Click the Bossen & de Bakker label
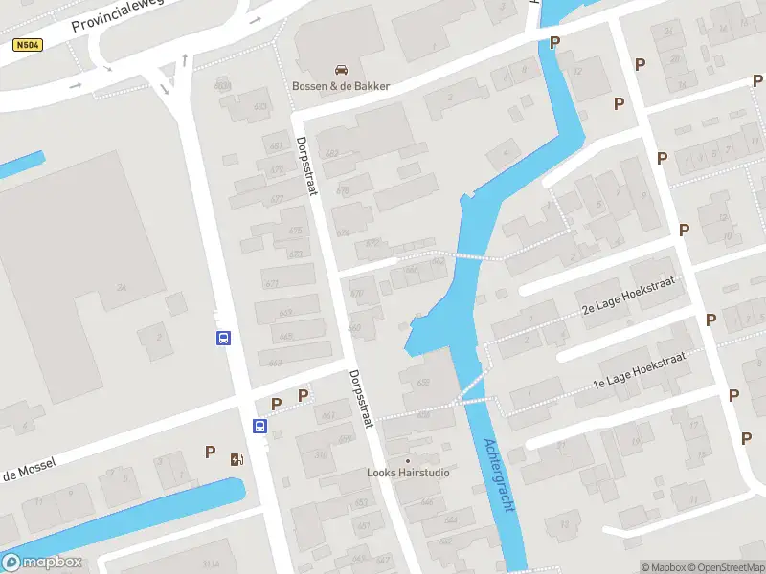click(341, 86)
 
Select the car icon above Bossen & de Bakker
click(341, 69)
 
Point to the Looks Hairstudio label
click(408, 473)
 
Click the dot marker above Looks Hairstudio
click(408, 459)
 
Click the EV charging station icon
click(236, 458)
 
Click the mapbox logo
click(43, 563)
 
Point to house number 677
click(277, 199)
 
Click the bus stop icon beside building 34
click(222, 338)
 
